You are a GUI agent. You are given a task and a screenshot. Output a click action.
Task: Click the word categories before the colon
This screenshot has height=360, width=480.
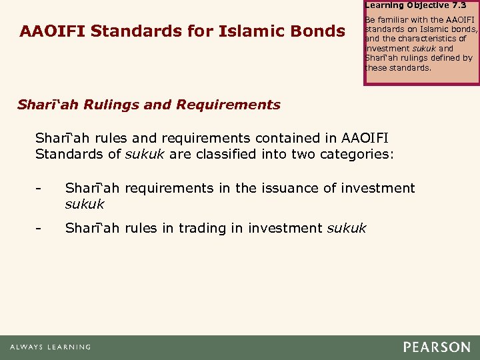click(357, 155)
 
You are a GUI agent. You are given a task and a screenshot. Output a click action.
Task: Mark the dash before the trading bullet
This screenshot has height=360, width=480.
click(39, 229)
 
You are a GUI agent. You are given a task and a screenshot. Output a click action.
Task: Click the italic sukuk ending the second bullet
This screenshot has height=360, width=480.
click(346, 229)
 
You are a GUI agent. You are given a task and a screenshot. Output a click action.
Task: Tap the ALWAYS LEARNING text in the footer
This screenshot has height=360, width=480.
click(51, 347)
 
